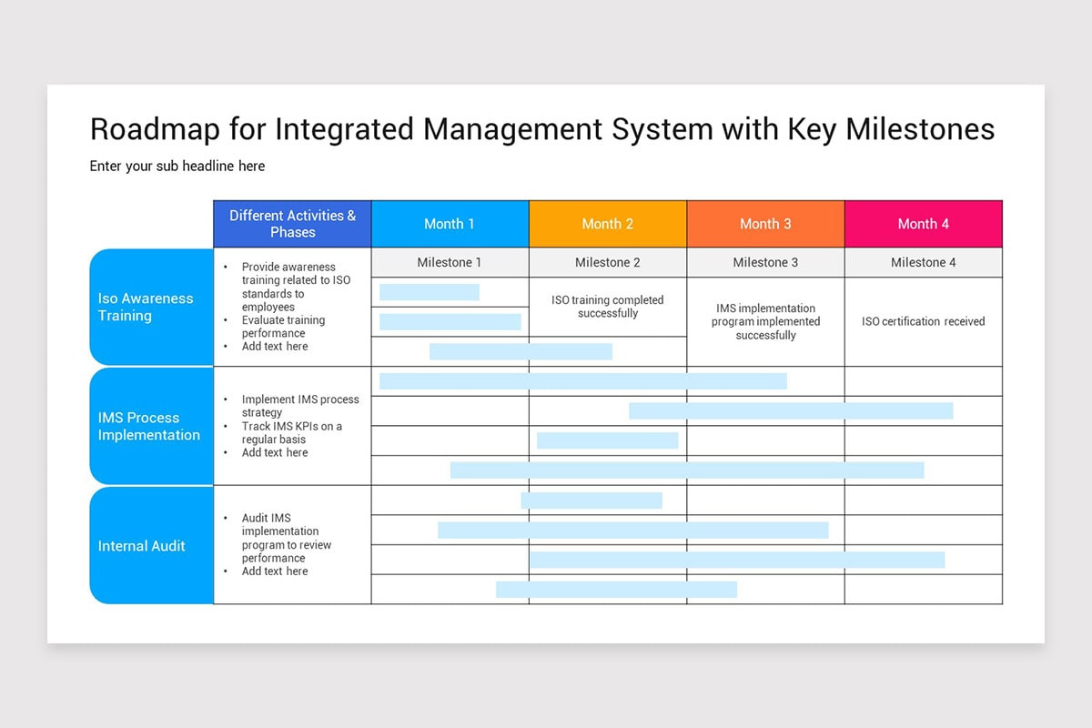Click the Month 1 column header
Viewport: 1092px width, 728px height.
click(450, 224)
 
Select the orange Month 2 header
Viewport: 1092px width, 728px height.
click(607, 224)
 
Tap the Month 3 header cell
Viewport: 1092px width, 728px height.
click(765, 224)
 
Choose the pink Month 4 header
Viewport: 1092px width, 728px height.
click(923, 224)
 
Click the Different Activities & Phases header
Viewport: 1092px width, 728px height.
click(292, 224)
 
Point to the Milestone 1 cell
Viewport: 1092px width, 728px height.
click(450, 262)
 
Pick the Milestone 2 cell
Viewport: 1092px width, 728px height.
click(607, 262)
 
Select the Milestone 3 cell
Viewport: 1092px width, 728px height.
click(765, 262)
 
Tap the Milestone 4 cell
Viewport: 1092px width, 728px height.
click(923, 262)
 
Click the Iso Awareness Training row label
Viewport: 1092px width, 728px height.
click(146, 307)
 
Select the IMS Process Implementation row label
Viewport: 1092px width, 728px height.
click(149, 426)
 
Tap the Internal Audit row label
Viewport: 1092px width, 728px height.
click(142, 546)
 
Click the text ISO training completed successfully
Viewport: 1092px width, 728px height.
click(607, 307)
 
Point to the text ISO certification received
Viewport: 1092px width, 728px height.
click(923, 321)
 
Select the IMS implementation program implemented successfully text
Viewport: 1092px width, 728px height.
click(765, 321)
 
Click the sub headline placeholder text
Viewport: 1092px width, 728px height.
click(177, 166)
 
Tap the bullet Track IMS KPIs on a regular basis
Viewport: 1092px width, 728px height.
click(291, 432)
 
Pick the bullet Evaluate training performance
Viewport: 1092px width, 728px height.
click(283, 327)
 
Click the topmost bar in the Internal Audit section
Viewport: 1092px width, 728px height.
click(591, 500)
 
